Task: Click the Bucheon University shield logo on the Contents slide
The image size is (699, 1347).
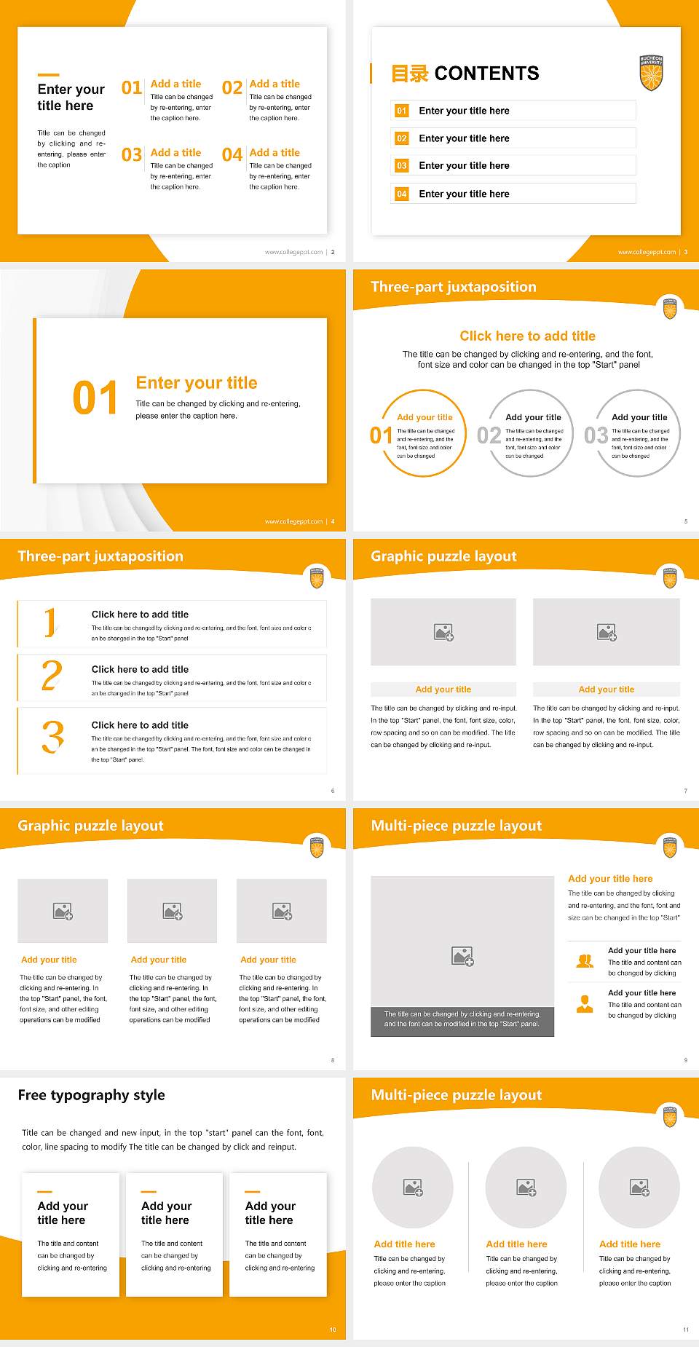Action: click(x=651, y=73)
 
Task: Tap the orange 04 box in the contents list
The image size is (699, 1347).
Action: click(x=401, y=194)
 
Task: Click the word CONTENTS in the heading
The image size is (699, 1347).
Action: click(x=486, y=74)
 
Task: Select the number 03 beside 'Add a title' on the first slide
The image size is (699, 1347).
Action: click(x=132, y=155)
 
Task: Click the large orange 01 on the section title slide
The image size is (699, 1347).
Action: click(x=95, y=398)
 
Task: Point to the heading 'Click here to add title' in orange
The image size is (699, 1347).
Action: click(x=527, y=336)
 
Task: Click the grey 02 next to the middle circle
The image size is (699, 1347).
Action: click(x=489, y=435)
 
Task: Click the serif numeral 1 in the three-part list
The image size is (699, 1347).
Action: click(x=50, y=623)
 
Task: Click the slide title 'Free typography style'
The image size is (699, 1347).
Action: click(x=91, y=1095)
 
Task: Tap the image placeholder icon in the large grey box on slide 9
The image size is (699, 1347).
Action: click(x=462, y=956)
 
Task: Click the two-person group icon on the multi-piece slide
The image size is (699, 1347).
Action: click(x=585, y=961)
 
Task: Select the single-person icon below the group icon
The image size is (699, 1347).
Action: click(x=585, y=1004)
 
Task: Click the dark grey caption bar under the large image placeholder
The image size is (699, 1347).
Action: click(x=462, y=1019)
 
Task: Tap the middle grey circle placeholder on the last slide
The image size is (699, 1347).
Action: click(x=526, y=1188)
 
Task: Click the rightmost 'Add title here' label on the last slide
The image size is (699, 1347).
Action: click(x=629, y=1244)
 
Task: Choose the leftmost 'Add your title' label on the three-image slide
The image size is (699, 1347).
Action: click(x=49, y=960)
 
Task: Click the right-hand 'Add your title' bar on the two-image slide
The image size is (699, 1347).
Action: click(x=606, y=690)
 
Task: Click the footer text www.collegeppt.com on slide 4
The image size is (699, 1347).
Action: click(x=293, y=521)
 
